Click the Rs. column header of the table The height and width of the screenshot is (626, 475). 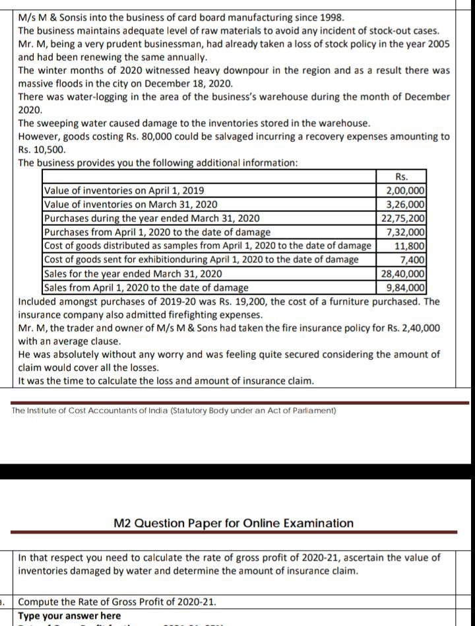tap(400, 177)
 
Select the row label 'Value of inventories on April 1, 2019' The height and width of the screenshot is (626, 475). tap(115, 191)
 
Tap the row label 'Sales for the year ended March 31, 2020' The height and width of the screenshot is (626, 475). tap(133, 273)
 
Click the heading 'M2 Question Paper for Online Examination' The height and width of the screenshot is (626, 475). tap(234, 523)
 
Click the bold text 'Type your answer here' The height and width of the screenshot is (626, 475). tap(69, 615)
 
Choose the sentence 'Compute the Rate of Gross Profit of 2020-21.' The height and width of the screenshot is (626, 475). tap(116, 602)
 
